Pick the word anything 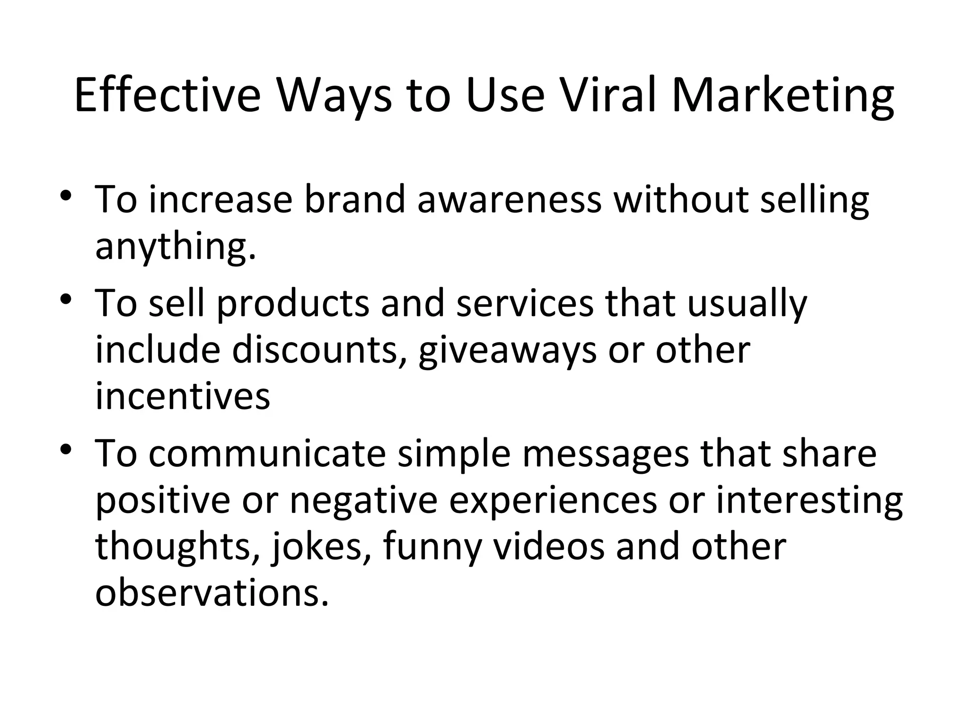(175, 247)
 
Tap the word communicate (267, 453)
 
